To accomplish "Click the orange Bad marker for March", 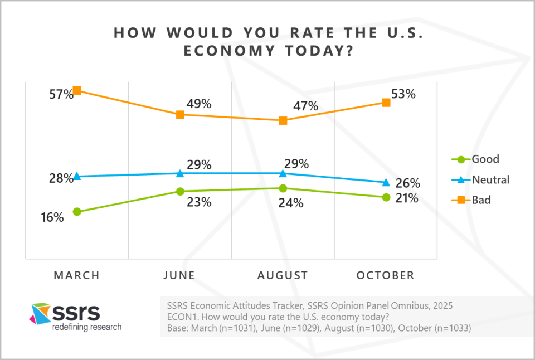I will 77,90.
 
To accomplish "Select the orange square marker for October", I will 386,103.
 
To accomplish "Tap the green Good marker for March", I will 77,212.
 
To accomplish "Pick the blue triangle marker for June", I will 180,173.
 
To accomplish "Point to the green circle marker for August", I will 283,188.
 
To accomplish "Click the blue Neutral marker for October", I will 386,182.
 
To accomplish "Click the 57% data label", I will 61,95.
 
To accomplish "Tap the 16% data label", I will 52,218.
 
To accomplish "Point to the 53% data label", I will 404,94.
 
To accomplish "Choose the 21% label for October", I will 407,198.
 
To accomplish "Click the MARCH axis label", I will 76,275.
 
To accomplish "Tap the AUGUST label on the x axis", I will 283,275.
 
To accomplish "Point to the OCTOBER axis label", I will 386,275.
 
